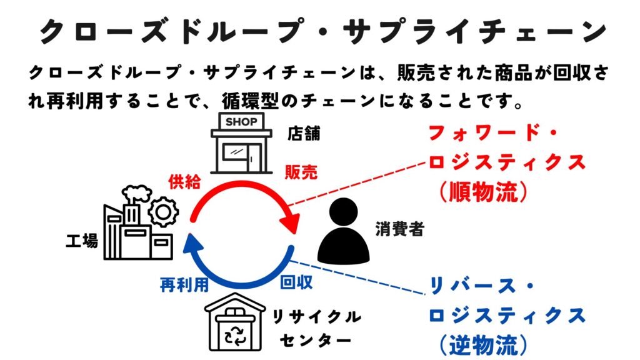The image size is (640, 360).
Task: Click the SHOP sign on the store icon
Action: (x=241, y=121)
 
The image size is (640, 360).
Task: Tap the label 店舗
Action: (x=303, y=134)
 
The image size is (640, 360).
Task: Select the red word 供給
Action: (x=184, y=182)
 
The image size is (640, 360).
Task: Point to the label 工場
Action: (x=82, y=241)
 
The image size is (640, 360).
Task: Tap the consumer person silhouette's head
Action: (x=343, y=214)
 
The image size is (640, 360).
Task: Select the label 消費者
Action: (x=400, y=229)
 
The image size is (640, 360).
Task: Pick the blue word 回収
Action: (x=296, y=282)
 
